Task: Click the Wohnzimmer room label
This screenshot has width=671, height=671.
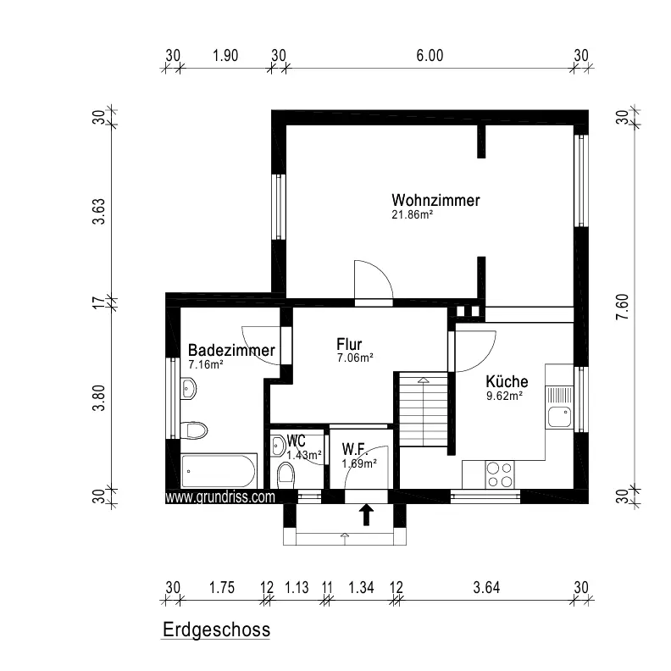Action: pos(435,201)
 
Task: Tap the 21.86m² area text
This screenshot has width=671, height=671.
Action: pos(413,215)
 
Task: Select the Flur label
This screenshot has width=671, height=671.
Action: pos(349,344)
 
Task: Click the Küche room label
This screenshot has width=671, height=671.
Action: pos(507,382)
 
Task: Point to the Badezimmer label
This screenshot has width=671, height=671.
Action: pos(231,351)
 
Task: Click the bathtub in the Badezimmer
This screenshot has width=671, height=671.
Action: pos(219,469)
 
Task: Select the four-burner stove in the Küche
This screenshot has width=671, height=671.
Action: pos(499,474)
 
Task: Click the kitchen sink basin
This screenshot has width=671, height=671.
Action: pos(558,417)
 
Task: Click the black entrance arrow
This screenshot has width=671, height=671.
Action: pos(367,513)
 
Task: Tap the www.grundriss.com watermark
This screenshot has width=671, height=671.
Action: pos(219,498)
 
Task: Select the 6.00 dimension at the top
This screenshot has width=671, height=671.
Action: pos(430,56)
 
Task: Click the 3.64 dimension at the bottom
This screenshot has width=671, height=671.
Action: pos(487,587)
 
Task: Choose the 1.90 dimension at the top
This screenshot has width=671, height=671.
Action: pos(225,56)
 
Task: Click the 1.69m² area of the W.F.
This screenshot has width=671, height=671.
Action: pos(357,463)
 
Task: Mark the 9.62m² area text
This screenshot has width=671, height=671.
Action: pos(503,395)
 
